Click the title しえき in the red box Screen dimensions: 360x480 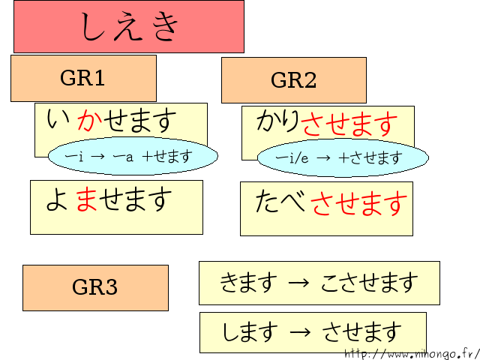point(129,27)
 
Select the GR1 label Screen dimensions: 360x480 point(82,77)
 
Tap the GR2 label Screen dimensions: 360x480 point(293,80)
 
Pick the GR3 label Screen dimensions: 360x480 point(94,287)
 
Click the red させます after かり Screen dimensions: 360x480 point(349,124)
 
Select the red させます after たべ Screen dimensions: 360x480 point(359,202)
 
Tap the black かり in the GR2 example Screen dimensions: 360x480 point(278,122)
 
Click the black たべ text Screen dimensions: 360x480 point(282,202)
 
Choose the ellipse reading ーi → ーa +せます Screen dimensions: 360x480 point(133,157)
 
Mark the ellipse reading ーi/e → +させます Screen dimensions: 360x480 point(343,158)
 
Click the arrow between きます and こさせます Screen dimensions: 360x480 point(298,283)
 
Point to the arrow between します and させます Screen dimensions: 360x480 point(299,331)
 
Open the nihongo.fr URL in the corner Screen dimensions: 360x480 point(411,353)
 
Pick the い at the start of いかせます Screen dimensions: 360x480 point(55,120)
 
